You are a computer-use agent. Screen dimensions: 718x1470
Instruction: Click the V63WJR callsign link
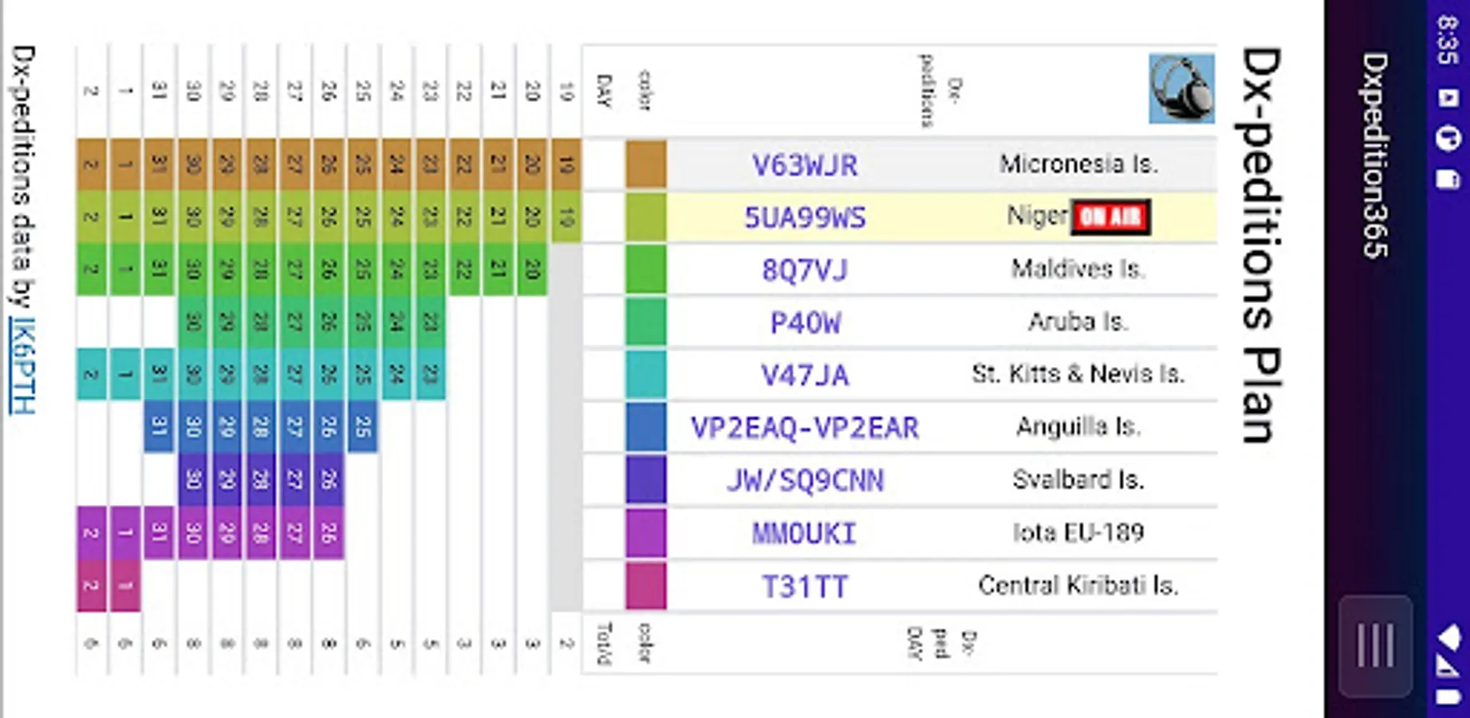pyautogui.click(x=805, y=165)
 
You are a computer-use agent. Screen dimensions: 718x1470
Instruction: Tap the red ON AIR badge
pyautogui.click(x=1110, y=217)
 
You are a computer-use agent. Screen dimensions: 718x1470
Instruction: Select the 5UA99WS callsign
pyautogui.click(x=805, y=218)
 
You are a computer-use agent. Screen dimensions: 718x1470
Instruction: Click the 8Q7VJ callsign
pyautogui.click(x=805, y=270)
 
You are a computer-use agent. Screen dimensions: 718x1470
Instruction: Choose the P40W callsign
pyautogui.click(x=805, y=323)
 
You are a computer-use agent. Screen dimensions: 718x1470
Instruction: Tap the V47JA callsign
pyautogui.click(x=805, y=375)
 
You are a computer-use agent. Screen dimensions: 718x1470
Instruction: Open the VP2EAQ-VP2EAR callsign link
pyautogui.click(x=805, y=428)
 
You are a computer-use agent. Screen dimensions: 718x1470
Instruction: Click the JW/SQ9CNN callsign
pyautogui.click(x=805, y=480)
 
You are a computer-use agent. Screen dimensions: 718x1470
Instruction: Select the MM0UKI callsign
pyautogui.click(x=805, y=533)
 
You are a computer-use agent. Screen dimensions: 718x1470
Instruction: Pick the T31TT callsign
pyautogui.click(x=805, y=586)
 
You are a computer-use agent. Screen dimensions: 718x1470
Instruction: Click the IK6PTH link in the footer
pyautogui.click(x=22, y=365)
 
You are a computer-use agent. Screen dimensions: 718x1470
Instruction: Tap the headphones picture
pyautogui.click(x=1181, y=89)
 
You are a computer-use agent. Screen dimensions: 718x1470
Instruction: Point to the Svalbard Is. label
pyautogui.click(x=1078, y=479)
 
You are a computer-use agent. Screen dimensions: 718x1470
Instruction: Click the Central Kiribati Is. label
pyautogui.click(x=1078, y=586)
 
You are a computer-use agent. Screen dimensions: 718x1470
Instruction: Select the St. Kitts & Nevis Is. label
pyautogui.click(x=1078, y=373)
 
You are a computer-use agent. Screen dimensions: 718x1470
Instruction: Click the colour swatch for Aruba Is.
pyautogui.click(x=645, y=322)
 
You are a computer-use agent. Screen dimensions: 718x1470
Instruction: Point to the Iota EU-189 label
pyautogui.click(x=1078, y=532)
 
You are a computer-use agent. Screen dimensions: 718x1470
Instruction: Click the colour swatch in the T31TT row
pyautogui.click(x=645, y=586)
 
